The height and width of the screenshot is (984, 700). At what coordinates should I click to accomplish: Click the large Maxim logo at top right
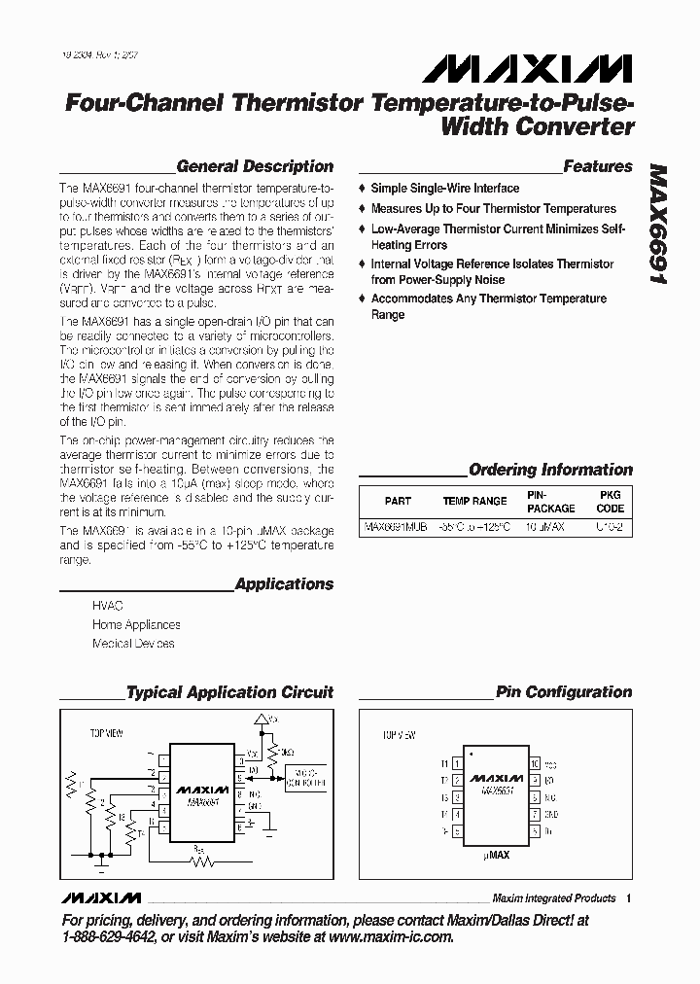[x=527, y=68]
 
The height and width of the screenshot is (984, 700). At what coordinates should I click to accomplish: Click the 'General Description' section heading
[x=255, y=166]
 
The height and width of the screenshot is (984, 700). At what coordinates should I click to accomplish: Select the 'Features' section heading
[x=598, y=166]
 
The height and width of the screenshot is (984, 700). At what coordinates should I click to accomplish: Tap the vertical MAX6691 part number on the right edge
[x=661, y=223]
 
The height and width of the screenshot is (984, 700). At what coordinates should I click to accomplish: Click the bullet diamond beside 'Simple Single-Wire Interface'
[x=363, y=188]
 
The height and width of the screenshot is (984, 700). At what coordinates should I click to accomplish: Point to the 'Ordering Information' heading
[x=550, y=470]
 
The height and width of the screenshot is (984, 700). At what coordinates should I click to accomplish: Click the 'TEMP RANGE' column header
[x=474, y=501]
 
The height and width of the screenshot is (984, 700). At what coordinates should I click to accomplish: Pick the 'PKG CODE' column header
[x=611, y=501]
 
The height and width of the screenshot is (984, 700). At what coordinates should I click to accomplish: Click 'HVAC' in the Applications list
[x=108, y=605]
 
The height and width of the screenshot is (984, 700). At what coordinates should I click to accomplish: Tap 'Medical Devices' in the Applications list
[x=133, y=644]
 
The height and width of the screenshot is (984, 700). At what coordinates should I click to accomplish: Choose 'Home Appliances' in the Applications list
[x=136, y=624]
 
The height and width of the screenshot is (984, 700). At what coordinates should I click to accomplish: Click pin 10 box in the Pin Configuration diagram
[x=535, y=763]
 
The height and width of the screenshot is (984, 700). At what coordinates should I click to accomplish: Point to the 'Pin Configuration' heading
[x=564, y=692]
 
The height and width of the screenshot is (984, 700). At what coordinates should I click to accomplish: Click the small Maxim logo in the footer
[x=100, y=897]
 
